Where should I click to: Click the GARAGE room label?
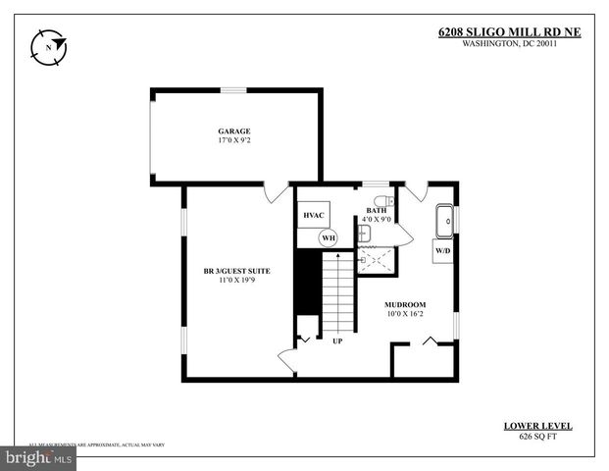pos(234,131)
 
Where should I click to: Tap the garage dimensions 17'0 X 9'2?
pos(234,141)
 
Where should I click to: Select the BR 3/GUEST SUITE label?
pos(236,270)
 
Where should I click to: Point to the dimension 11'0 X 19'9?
pos(236,281)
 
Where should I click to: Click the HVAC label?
pos(314,215)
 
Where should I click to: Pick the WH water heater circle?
pos(329,236)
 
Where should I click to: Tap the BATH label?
pos(377,210)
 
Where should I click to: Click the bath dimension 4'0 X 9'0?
pos(377,220)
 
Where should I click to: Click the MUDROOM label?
pos(404,305)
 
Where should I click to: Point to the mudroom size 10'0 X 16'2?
pos(404,315)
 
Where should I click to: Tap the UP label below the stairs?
pos(337,341)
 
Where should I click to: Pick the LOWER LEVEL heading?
pos(537,426)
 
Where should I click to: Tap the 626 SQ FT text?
pos(537,437)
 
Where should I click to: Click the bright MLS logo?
pos(39,457)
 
